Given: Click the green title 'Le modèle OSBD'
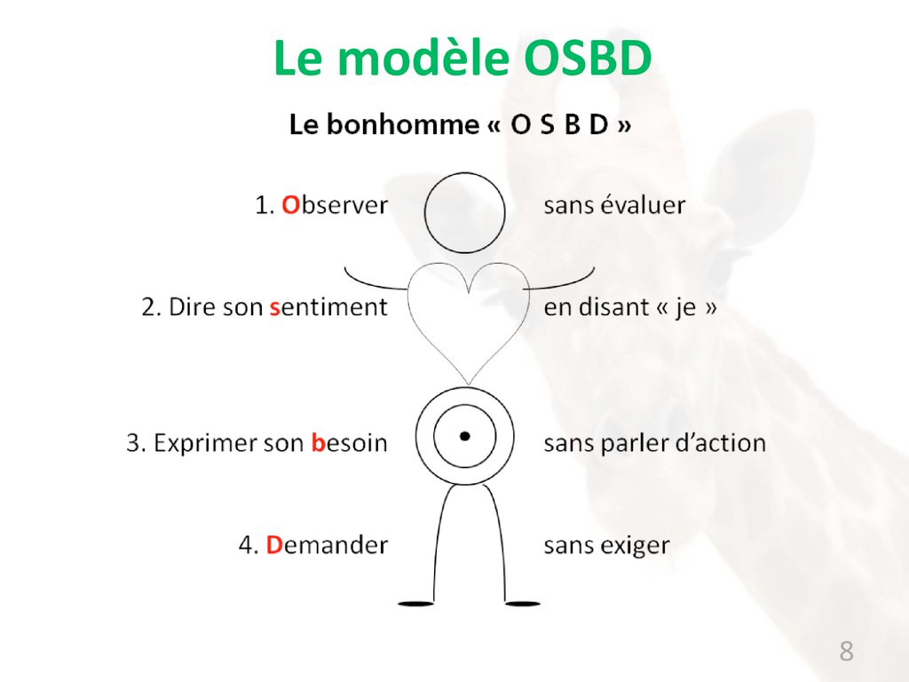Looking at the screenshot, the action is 462,59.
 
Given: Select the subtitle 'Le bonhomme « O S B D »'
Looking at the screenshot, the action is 461,124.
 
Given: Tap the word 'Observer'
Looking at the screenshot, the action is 335,205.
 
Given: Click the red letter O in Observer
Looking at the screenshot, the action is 290,205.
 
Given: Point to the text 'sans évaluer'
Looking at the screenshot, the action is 614,205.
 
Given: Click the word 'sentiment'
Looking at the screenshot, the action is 328,307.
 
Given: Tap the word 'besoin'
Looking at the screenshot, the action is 349,443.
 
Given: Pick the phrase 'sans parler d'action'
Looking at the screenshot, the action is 654,444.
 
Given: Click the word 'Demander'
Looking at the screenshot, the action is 327,545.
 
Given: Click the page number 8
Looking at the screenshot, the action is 846,651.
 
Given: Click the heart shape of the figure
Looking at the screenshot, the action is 469,384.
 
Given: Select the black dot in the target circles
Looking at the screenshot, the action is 464,436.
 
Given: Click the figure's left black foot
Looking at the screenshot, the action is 416,604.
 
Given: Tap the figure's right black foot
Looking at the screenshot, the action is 522,604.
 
